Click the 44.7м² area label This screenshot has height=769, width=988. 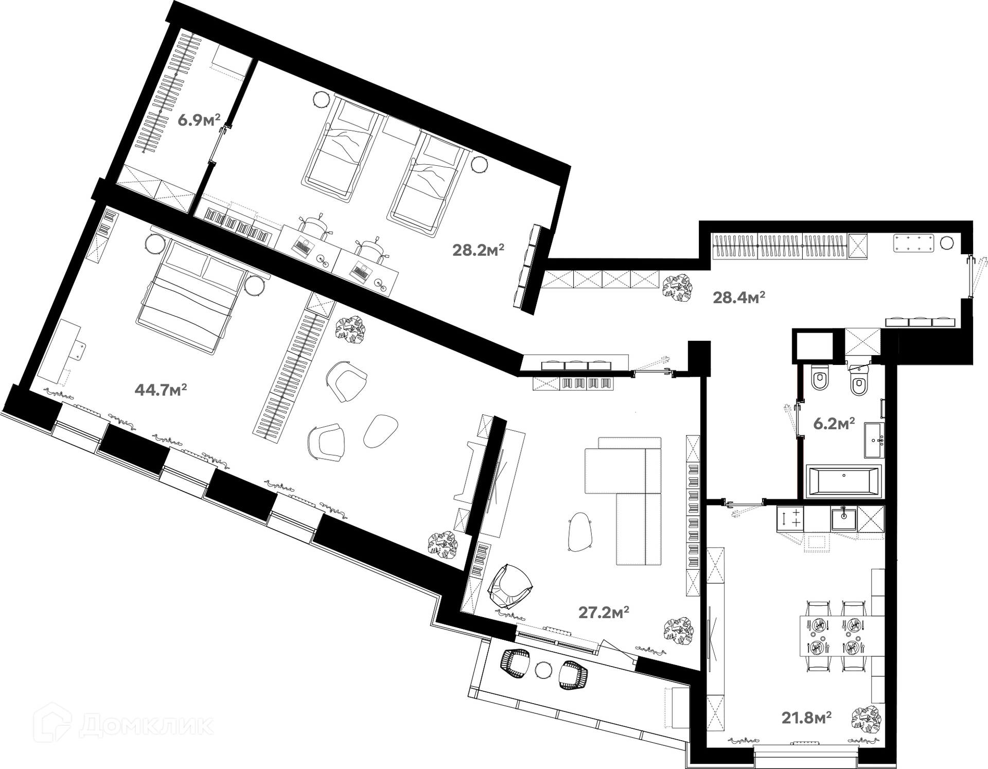pos(161,390)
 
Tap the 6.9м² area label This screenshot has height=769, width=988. pos(199,120)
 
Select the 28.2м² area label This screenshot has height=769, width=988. pos(478,250)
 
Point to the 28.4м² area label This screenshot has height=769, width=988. pos(739,297)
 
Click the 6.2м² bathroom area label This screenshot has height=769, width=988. pos(834,424)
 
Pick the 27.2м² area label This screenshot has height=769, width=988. pos(604,612)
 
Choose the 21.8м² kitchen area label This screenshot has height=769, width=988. pos(807,717)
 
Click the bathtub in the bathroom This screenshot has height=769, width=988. pos(843,481)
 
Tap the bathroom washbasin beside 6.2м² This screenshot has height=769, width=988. pos(874,440)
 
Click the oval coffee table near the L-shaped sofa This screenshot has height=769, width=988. pos(580,532)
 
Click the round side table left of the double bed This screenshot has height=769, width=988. pos(155,243)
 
